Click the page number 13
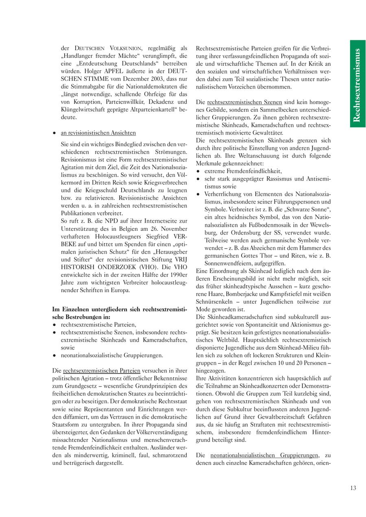point(353,488)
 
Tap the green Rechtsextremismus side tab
point(357,83)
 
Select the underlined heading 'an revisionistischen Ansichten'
point(98,133)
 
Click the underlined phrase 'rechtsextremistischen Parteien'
point(102,371)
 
